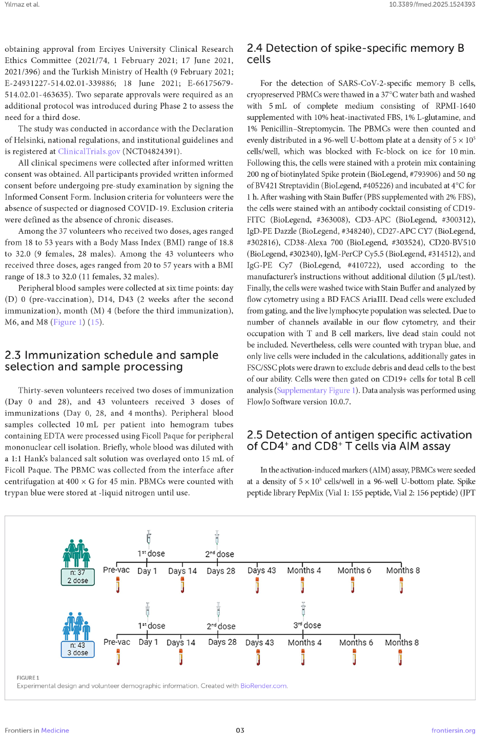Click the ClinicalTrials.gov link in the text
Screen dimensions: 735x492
click(x=89, y=151)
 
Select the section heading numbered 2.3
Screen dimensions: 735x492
click(x=111, y=361)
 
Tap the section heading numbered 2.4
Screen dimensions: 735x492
click(x=355, y=54)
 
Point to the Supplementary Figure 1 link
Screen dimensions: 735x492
click(x=316, y=391)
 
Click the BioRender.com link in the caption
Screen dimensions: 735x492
click(x=264, y=686)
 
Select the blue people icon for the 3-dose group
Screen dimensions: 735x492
click(x=77, y=626)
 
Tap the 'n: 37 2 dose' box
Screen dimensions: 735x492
click(x=77, y=577)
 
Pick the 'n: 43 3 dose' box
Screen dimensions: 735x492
click(x=77, y=649)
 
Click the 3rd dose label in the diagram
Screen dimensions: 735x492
click(x=307, y=625)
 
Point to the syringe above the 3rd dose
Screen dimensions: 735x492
click(x=303, y=609)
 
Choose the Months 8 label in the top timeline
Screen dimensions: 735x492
click(x=403, y=570)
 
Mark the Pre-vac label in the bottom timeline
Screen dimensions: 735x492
click(x=117, y=642)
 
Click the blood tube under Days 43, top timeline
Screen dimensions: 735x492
click(x=257, y=585)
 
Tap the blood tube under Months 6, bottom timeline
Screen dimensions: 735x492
click(x=355, y=657)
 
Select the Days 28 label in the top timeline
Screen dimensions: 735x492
click(x=221, y=571)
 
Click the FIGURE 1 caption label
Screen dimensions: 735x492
click(x=28, y=678)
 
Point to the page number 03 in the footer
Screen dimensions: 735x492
click(x=240, y=730)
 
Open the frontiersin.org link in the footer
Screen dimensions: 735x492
click(x=453, y=730)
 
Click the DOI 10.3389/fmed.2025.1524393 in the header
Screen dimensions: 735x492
click(x=432, y=4)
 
